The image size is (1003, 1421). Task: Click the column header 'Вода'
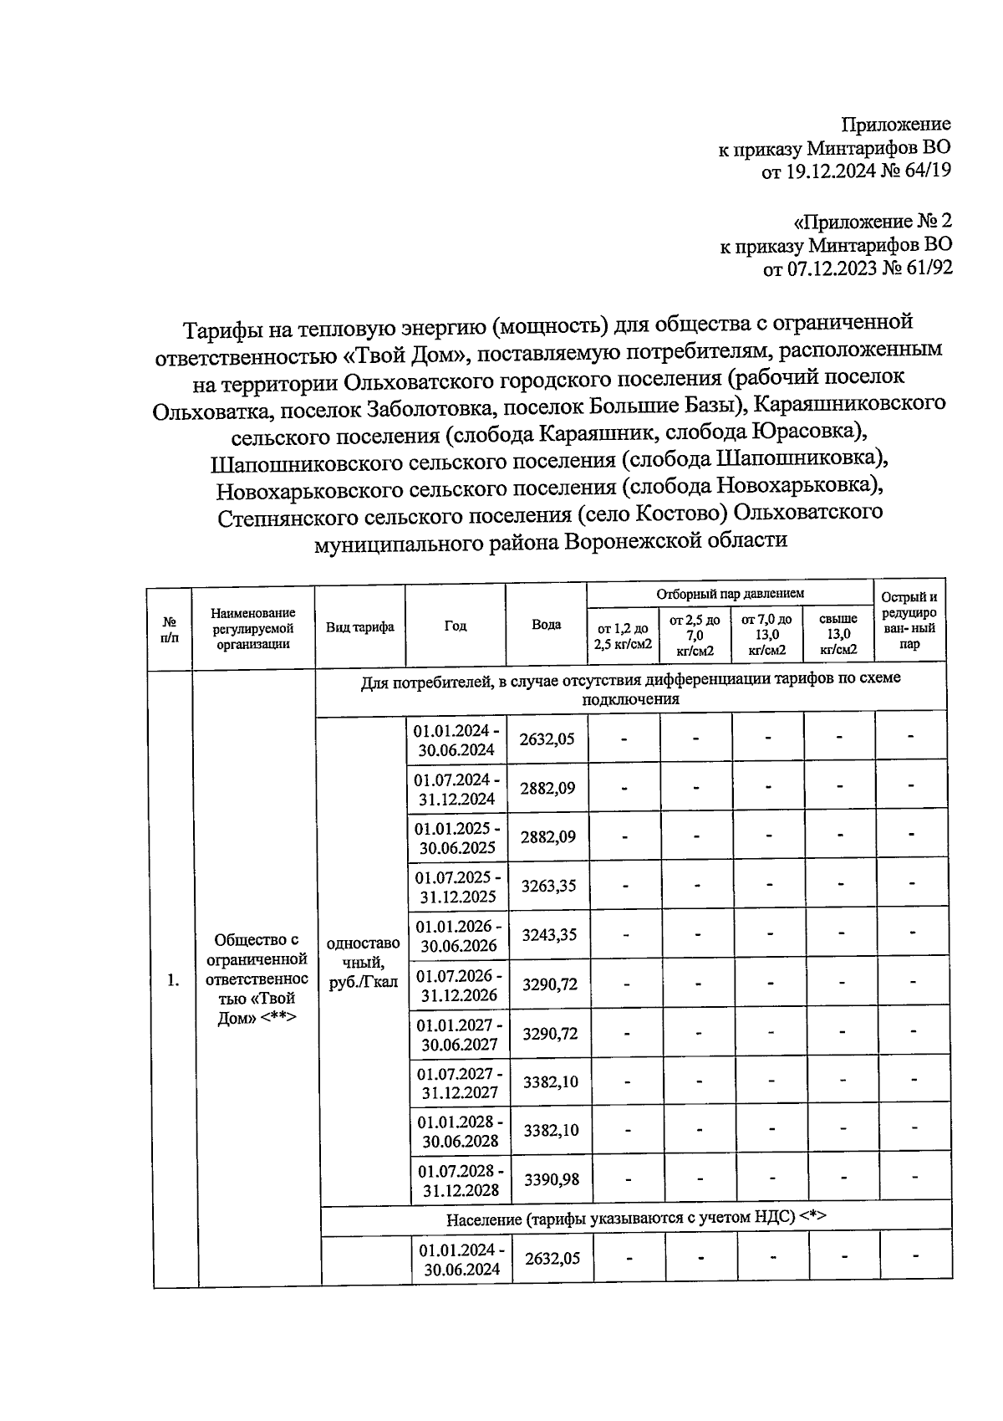click(546, 625)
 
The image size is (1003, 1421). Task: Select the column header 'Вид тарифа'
click(359, 627)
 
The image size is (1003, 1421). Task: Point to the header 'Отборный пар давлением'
click(730, 593)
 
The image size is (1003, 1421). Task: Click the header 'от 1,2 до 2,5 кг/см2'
click(622, 636)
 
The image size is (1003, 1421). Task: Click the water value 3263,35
click(548, 886)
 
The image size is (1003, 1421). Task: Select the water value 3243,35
click(549, 935)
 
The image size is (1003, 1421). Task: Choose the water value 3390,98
click(551, 1180)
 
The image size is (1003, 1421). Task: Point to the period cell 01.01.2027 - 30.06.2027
click(459, 1034)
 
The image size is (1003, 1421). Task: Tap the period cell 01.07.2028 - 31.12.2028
click(461, 1180)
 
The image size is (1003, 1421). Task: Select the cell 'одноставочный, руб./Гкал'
click(364, 963)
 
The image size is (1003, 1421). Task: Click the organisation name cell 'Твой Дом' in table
click(256, 979)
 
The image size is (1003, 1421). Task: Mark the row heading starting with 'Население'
click(635, 1218)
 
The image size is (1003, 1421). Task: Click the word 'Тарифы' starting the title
click(221, 324)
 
